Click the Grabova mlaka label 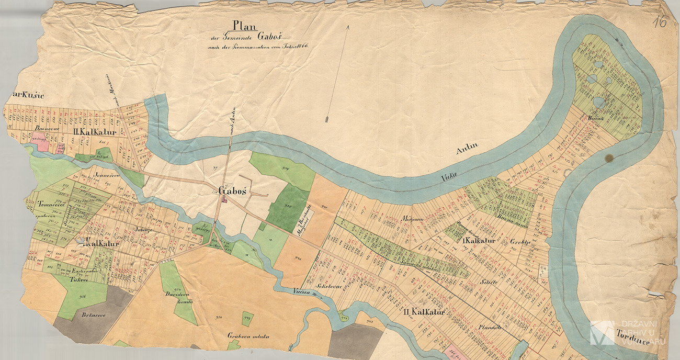tap(247, 336)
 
